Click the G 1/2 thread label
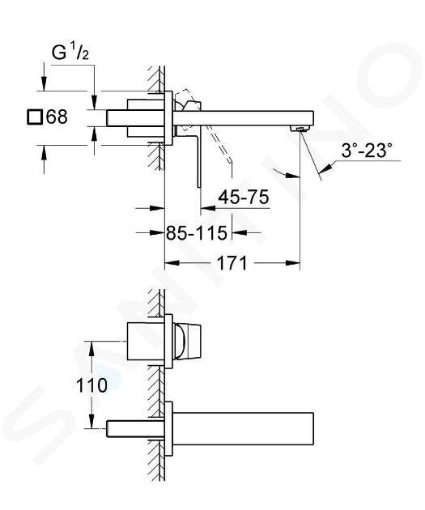70,53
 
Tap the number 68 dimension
57,117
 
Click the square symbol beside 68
35,117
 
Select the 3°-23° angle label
366,151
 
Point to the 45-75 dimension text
244,197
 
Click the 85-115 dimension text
197,232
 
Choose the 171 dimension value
232,263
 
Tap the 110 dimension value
91,385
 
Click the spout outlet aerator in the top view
299,128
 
